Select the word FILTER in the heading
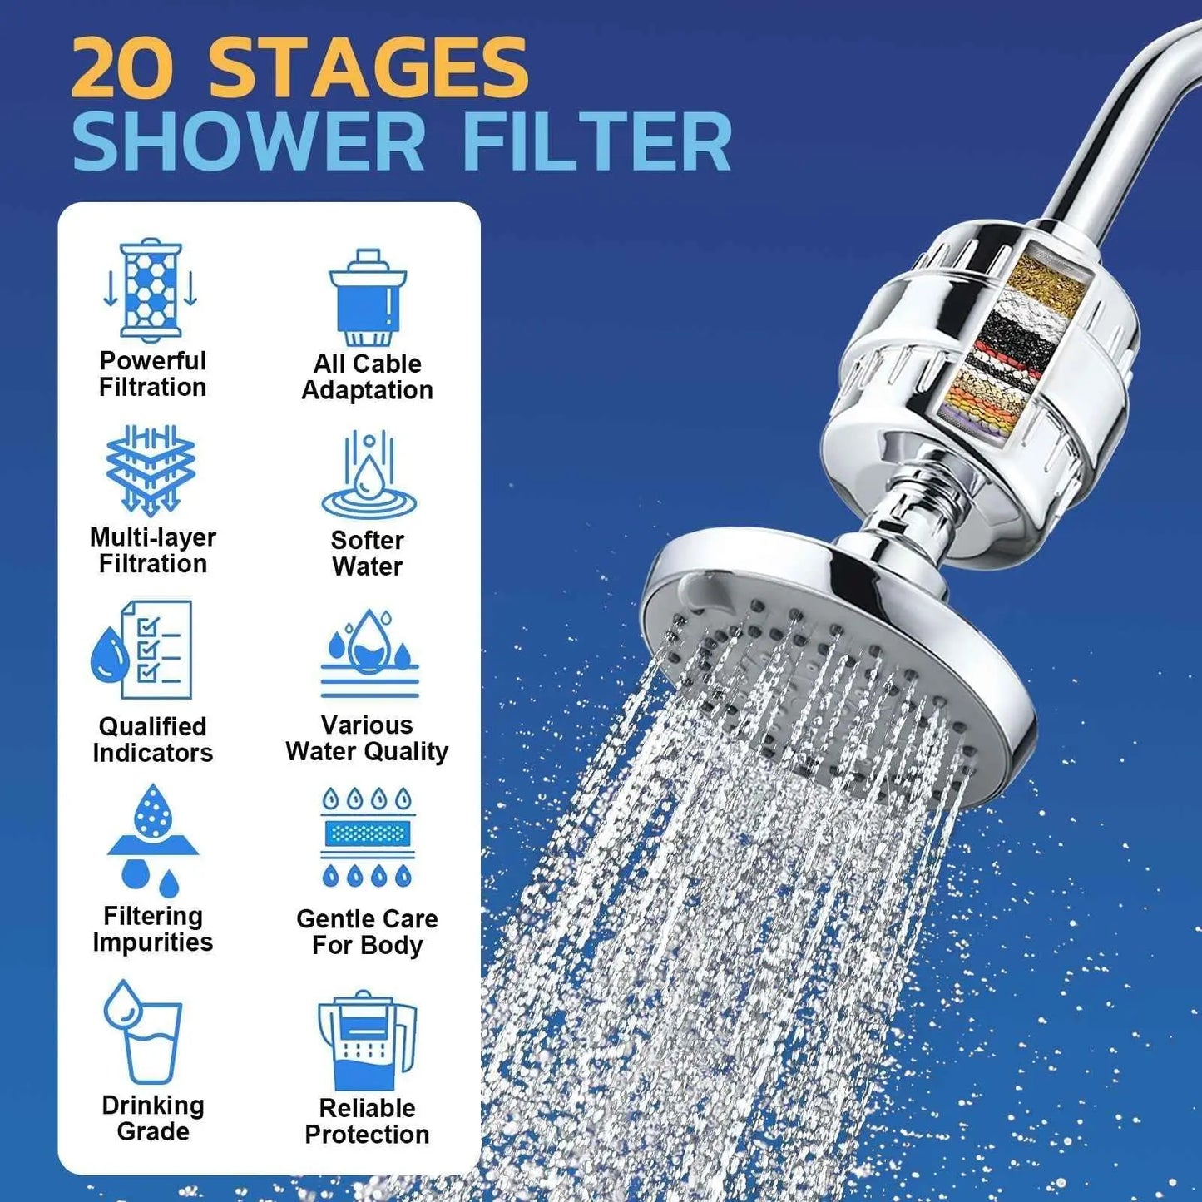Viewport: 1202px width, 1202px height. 596,143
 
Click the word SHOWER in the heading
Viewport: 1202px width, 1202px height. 249,143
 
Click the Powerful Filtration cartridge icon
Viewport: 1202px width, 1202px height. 151,289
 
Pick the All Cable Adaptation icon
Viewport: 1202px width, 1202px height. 367,298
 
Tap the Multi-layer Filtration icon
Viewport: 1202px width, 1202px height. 151,469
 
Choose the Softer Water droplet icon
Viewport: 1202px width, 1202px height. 369,476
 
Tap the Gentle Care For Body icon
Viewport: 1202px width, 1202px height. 368,837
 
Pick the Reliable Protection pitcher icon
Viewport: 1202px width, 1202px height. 367,1040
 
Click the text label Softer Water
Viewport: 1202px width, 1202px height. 367,553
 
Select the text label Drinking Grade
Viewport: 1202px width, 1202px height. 153,1118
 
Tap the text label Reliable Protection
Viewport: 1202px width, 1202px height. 367,1121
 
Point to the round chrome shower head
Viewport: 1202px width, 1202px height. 832,657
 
